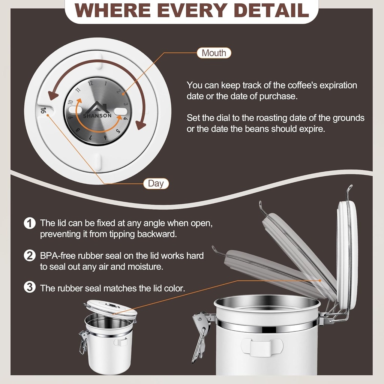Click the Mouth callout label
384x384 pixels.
coord(214,53)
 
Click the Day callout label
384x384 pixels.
coord(156,183)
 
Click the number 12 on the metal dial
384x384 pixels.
coord(91,84)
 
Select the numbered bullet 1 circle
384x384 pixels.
coord(30,223)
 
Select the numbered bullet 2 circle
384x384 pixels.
coord(30,256)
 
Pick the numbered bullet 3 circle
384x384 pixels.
coord(30,288)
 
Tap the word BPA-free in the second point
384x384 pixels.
coord(56,256)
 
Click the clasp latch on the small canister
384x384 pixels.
coord(83,342)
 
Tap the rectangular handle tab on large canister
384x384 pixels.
coord(262,347)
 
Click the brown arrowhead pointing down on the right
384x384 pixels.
coord(141,125)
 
